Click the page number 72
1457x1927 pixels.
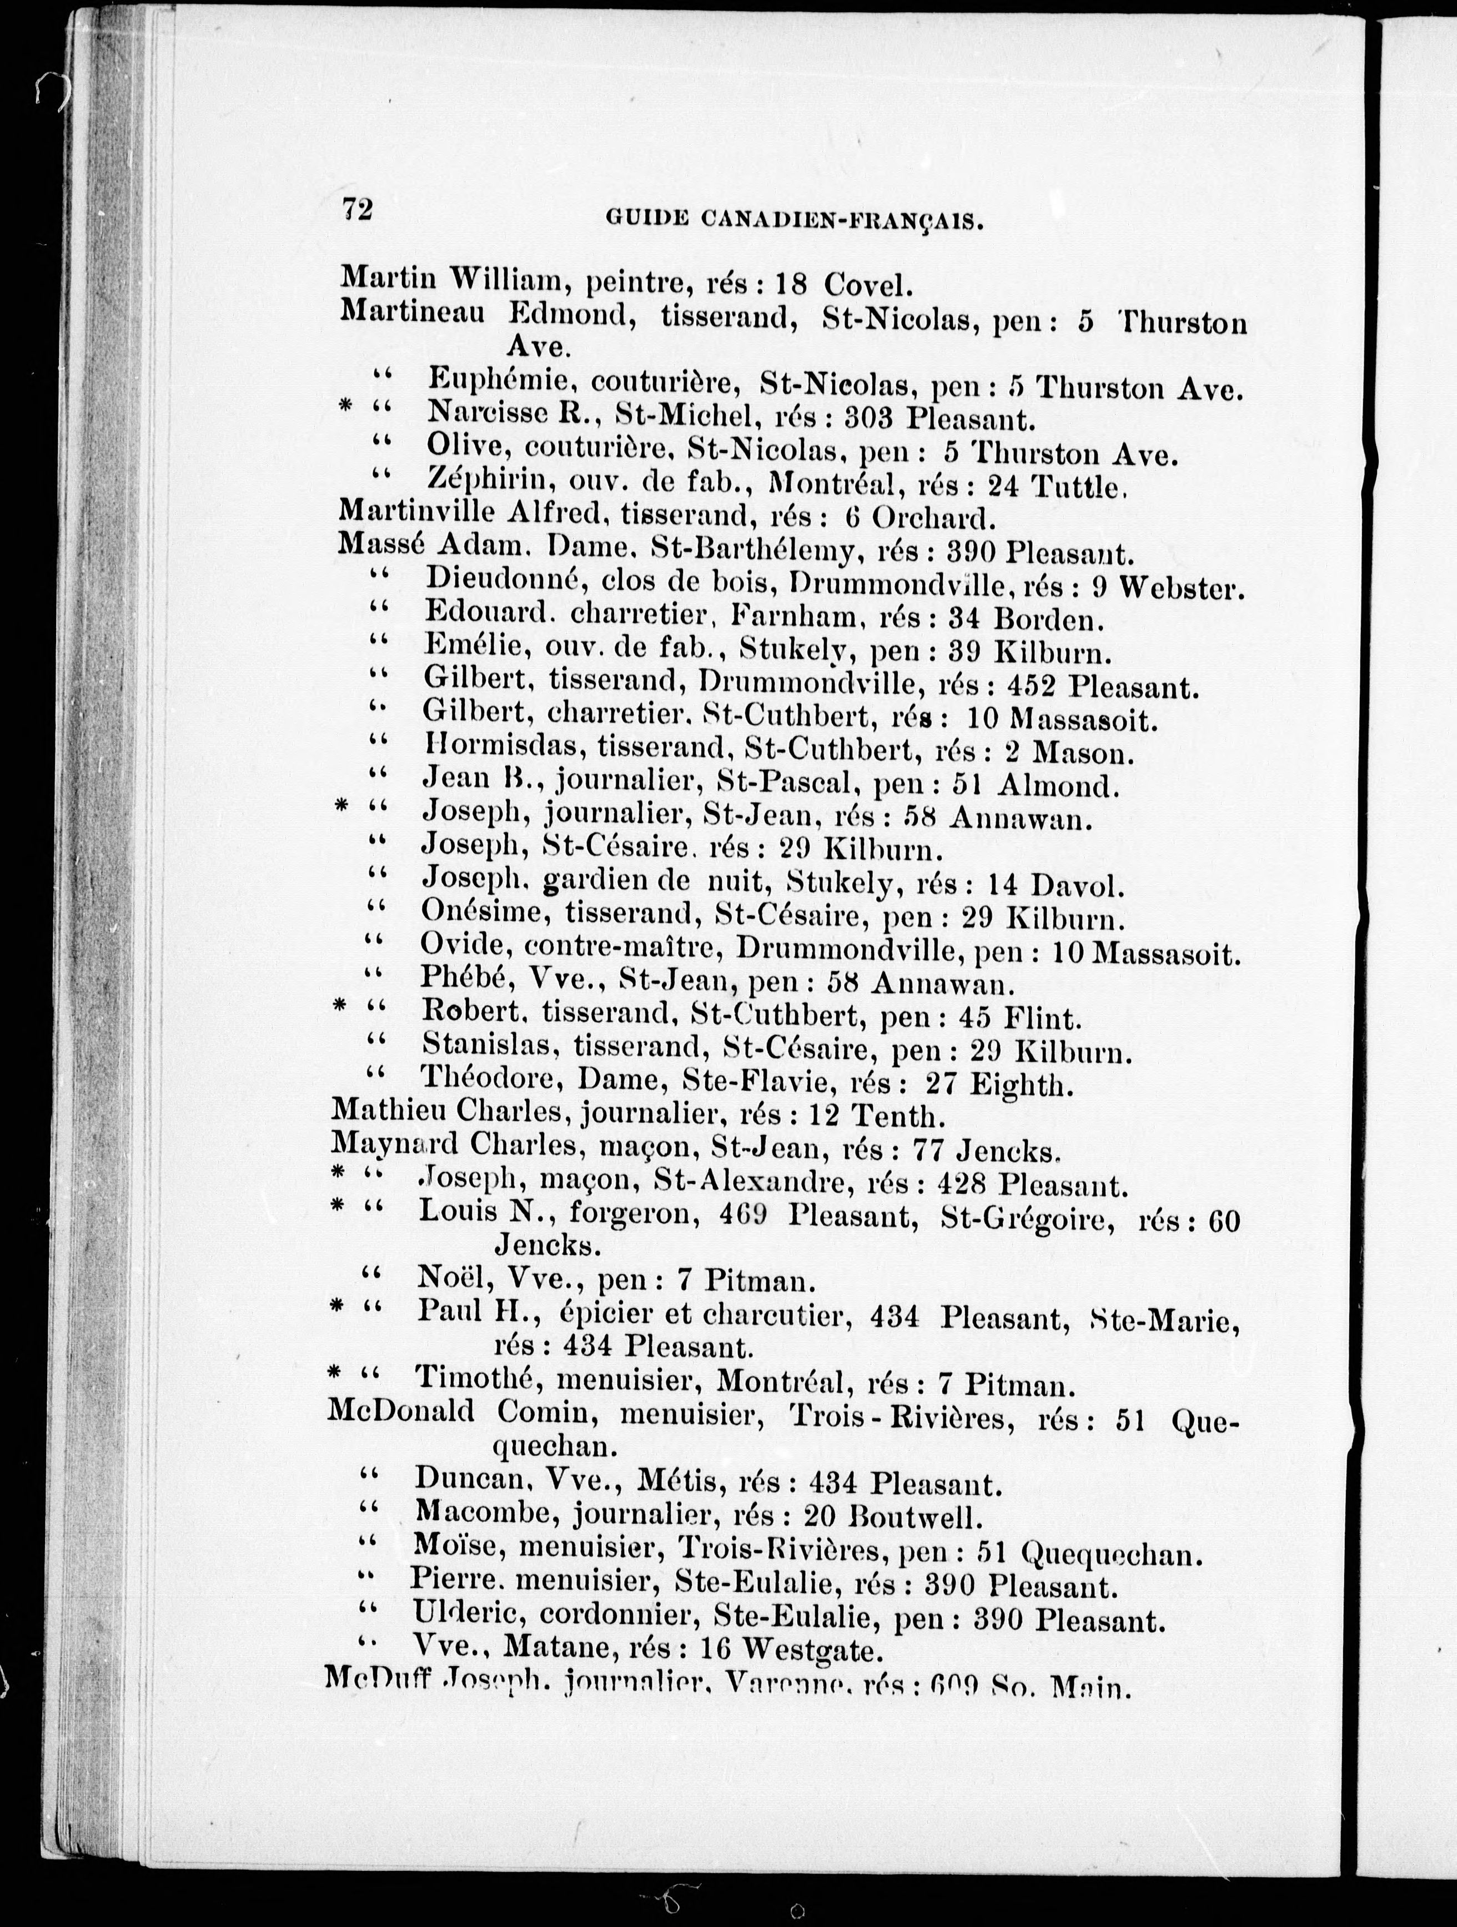(x=357, y=210)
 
